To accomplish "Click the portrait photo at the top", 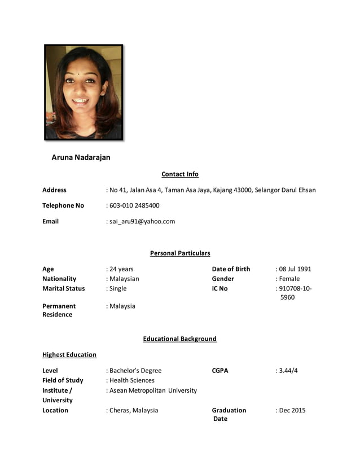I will click(84, 92).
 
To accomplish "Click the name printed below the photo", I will click(81, 157).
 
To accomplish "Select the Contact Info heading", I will click(180, 174).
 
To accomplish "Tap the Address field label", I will click(54, 190).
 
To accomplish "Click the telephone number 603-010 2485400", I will click(134, 206).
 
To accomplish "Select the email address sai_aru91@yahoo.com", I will click(142, 222).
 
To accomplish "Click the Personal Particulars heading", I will click(180, 253).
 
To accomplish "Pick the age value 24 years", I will click(121, 269).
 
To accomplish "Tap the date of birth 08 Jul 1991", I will click(295, 269).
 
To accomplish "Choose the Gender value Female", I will click(289, 279).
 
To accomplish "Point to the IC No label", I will click(219, 288).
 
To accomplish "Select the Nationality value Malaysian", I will click(124, 279).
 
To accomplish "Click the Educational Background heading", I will click(180, 339).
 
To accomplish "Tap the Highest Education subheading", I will click(69, 355).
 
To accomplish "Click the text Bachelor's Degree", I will click(135, 371).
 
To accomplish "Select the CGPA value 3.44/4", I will click(288, 371).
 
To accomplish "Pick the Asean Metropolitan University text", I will click(153, 390).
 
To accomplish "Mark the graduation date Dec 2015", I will click(292, 410).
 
